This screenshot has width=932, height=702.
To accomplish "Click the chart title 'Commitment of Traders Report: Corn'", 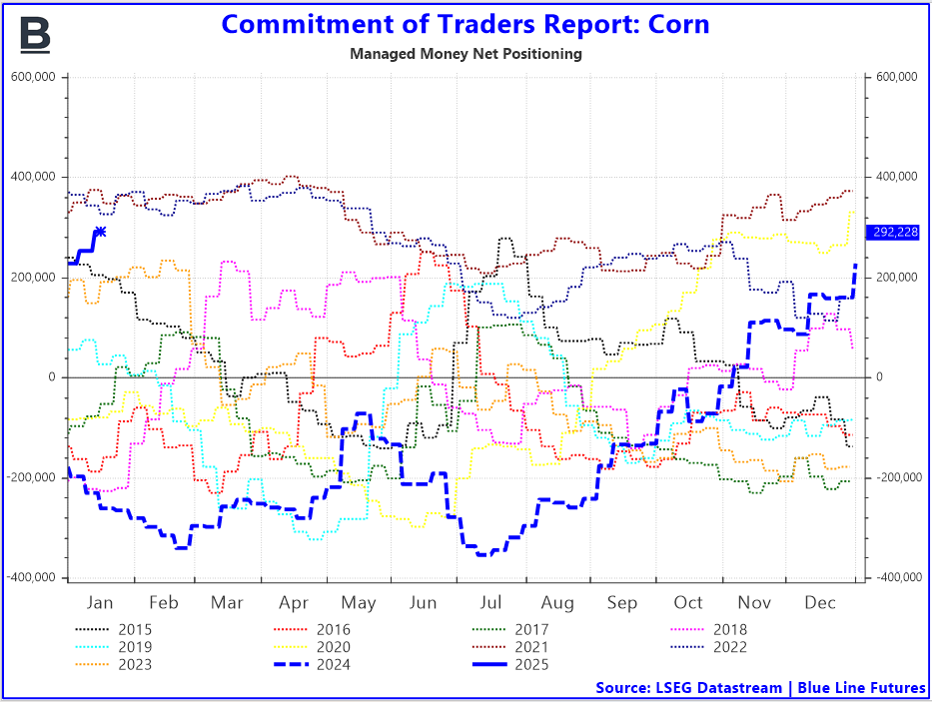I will click(465, 24).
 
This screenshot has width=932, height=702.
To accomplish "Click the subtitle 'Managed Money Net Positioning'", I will click(465, 53).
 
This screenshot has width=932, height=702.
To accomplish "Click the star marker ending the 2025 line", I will click(100, 232).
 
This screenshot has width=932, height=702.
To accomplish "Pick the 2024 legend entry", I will click(312, 664).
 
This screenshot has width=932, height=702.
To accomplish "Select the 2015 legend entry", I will click(113, 630).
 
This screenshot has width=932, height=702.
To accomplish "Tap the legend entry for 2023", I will click(113, 664).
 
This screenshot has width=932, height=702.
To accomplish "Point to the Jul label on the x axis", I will click(490, 603).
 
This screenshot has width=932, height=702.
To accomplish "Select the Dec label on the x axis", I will click(819, 603).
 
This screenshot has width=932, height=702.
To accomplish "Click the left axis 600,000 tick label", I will click(34, 77).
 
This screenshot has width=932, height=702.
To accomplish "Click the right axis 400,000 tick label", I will click(895, 177).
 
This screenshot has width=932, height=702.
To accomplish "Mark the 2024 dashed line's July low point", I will click(482, 554).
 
